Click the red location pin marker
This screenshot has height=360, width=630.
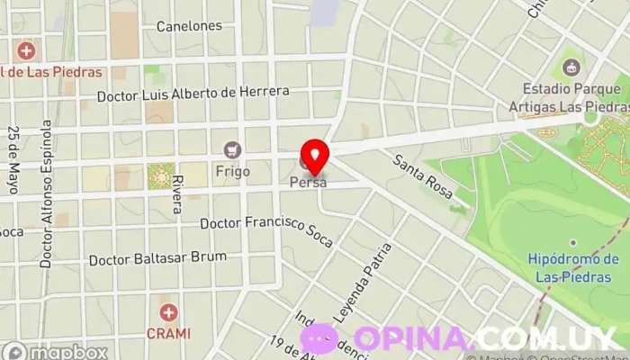314,156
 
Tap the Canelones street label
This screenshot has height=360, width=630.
189,26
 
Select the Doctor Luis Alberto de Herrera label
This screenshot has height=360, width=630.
193,92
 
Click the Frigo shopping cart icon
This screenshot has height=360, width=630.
233,149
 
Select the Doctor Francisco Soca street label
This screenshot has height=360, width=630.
266,230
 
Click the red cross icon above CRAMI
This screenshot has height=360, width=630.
168,313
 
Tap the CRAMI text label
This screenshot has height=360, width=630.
168,333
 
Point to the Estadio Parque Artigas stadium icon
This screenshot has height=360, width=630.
571,67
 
